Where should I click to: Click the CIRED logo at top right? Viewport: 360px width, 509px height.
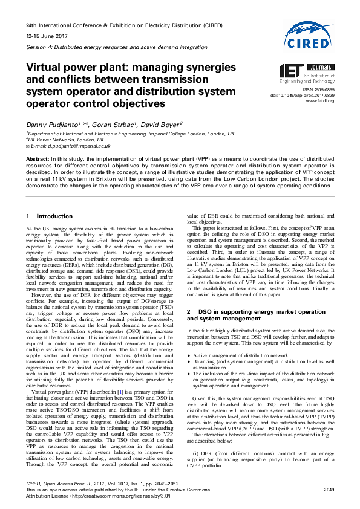(x=310, y=34)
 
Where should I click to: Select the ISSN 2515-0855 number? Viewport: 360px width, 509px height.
(x=319, y=89)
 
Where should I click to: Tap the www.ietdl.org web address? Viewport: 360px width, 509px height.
(x=321, y=101)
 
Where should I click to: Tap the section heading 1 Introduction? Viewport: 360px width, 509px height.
(x=50, y=216)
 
